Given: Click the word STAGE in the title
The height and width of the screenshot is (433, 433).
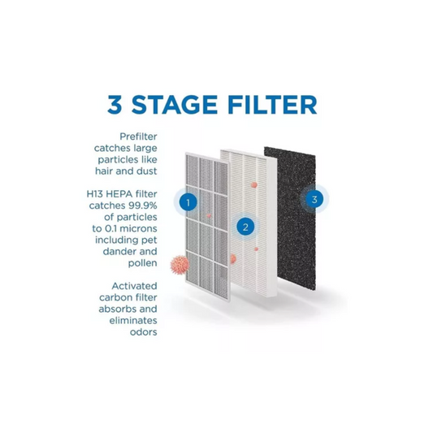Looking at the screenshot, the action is click(174, 105).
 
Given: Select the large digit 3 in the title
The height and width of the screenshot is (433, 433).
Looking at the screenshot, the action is click(115, 105).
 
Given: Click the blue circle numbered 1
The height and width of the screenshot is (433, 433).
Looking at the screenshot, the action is click(188, 203).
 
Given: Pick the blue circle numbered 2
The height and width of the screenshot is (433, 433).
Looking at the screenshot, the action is click(245, 227).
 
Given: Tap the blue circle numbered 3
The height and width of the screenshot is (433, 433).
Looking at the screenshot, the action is click(314, 199).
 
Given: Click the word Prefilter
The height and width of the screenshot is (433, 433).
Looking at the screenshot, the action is click(138, 136).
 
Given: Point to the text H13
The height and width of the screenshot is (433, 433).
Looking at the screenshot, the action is click(95, 194).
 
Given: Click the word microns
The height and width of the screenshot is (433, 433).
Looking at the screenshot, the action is click(140, 228).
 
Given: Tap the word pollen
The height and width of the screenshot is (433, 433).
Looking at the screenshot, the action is click(142, 263).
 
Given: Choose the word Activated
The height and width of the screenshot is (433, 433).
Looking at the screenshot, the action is click(135, 286).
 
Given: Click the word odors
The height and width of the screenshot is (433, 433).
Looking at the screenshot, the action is click(144, 332).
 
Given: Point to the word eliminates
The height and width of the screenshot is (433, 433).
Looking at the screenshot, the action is click(133, 320).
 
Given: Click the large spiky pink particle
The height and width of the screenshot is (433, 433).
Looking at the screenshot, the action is click(180, 265).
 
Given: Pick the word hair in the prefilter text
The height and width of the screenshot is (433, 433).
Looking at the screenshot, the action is click(104, 171).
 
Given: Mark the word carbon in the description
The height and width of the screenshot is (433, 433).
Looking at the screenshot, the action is click(114, 297).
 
